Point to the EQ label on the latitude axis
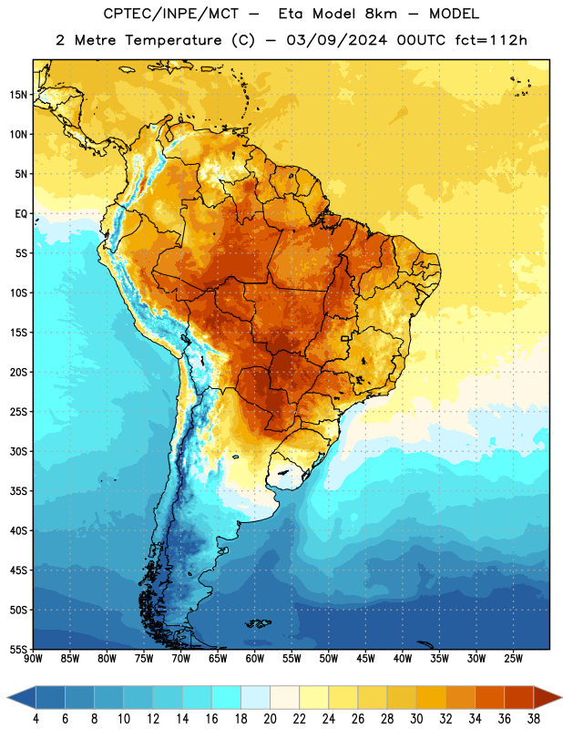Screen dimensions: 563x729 (x=21, y=214)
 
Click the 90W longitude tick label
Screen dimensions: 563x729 (x=33, y=659)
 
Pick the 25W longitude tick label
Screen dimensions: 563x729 (x=513, y=659)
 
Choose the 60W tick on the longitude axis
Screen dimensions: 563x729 (x=255, y=659)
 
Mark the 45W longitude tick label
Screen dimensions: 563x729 (x=365, y=659)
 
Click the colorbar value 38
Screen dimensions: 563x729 (x=534, y=719)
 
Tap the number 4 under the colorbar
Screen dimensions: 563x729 (x=36, y=719)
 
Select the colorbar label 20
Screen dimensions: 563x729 (x=270, y=719)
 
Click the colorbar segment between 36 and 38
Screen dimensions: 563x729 (x=519, y=697)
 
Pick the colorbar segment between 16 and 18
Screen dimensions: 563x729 (x=226, y=697)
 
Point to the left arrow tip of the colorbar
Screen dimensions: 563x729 (x=7, y=697)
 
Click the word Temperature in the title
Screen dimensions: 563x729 (x=173, y=40)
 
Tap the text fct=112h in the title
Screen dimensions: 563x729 (x=491, y=40)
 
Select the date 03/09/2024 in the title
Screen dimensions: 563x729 (x=336, y=40)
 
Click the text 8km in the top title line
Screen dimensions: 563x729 (x=381, y=14)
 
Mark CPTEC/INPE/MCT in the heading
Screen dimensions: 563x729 (x=171, y=14)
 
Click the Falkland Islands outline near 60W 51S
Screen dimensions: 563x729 (x=258, y=623)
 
